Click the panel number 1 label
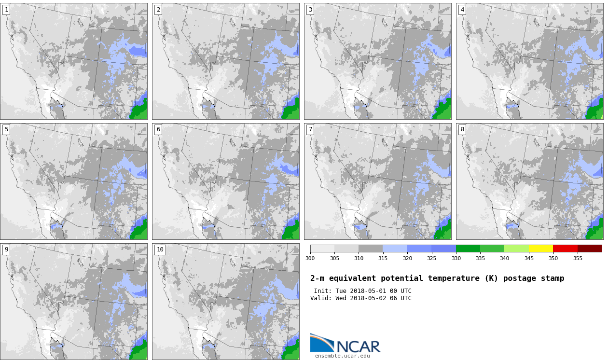(x=6, y=10)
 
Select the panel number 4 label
(x=462, y=10)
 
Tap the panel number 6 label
(x=158, y=129)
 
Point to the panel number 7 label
(x=310, y=129)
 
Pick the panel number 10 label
(x=160, y=249)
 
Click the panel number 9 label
(x=6, y=249)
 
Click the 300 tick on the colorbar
(x=310, y=258)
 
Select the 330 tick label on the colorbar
(x=456, y=258)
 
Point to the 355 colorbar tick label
(x=578, y=258)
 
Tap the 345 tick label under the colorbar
(x=529, y=258)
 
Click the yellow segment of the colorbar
(x=541, y=249)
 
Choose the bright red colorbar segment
(x=566, y=249)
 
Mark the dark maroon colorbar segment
(x=590, y=249)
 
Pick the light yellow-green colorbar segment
(x=516, y=249)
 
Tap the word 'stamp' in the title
(x=553, y=278)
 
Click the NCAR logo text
(x=358, y=346)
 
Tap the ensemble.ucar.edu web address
(x=343, y=356)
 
